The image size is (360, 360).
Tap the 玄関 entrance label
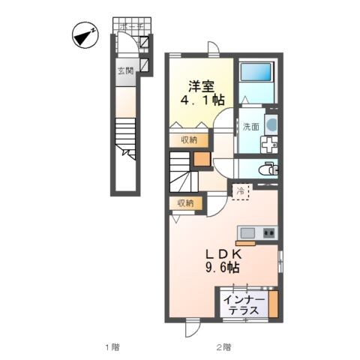click(x=124, y=72)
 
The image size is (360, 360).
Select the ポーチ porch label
click(x=133, y=26)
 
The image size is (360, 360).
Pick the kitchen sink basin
click(x=248, y=232)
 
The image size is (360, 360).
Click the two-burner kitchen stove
click(x=268, y=232)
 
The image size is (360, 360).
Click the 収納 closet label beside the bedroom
click(x=188, y=139)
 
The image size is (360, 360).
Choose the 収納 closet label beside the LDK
click(x=185, y=202)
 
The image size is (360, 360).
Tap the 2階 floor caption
click(x=223, y=346)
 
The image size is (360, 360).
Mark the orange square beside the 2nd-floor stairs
click(x=202, y=158)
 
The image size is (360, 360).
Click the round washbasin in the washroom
click(x=271, y=124)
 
